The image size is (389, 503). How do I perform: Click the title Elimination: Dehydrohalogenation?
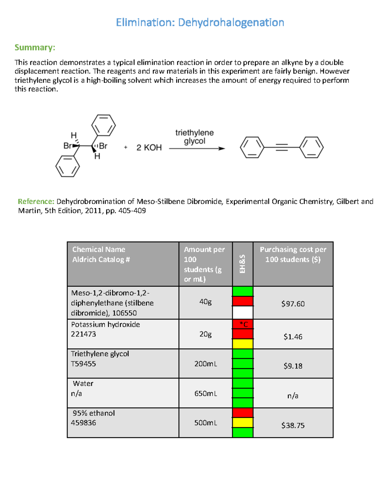pyautogui.click(x=200, y=23)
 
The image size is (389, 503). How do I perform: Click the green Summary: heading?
pyautogui.click(x=35, y=48)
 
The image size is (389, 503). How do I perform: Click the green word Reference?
pyautogui.click(x=36, y=201)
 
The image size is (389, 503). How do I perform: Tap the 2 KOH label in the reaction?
pyautogui.click(x=149, y=148)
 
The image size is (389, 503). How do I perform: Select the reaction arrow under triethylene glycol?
pyautogui.click(x=197, y=149)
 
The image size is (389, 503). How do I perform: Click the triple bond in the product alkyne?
pyautogui.click(x=282, y=148)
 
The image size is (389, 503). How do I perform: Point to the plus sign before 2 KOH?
pyautogui.click(x=126, y=147)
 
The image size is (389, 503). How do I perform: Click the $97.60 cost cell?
pyautogui.click(x=293, y=304)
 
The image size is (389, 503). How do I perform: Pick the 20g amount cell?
pyautogui.click(x=206, y=334)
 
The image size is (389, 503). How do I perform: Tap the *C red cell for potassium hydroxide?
pyautogui.click(x=243, y=324)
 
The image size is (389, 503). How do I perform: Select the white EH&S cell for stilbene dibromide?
pyautogui.click(x=243, y=313)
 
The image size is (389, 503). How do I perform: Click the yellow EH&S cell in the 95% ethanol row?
pyautogui.click(x=243, y=422)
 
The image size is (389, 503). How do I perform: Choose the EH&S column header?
pyautogui.click(x=242, y=264)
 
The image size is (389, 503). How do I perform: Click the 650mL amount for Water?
pyautogui.click(x=206, y=394)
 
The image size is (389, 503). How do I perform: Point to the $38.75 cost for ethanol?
pyautogui.click(x=293, y=426)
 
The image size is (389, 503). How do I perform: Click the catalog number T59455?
pyautogui.click(x=83, y=364)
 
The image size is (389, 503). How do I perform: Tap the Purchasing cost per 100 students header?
pyautogui.click(x=293, y=254)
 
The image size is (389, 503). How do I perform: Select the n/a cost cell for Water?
pyautogui.click(x=293, y=396)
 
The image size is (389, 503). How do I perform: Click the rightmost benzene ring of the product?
pyautogui.click(x=311, y=148)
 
